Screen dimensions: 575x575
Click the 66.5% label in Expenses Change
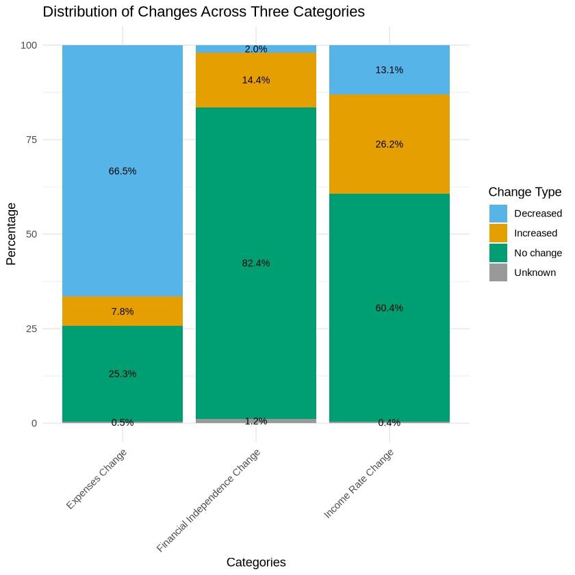123,171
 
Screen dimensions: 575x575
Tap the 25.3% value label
123,374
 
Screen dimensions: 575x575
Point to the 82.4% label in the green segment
256,263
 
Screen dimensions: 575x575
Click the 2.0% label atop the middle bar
256,49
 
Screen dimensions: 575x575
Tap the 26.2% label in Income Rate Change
389,144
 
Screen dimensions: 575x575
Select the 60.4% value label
389,308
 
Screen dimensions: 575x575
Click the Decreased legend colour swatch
498,213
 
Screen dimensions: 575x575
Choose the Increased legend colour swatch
498,233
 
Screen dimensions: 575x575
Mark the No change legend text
538,253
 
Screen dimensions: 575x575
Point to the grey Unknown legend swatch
498,272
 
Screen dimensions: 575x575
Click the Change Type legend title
525,191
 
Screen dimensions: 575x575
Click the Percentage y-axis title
11,234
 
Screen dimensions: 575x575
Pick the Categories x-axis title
256,562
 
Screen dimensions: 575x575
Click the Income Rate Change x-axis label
360,483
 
